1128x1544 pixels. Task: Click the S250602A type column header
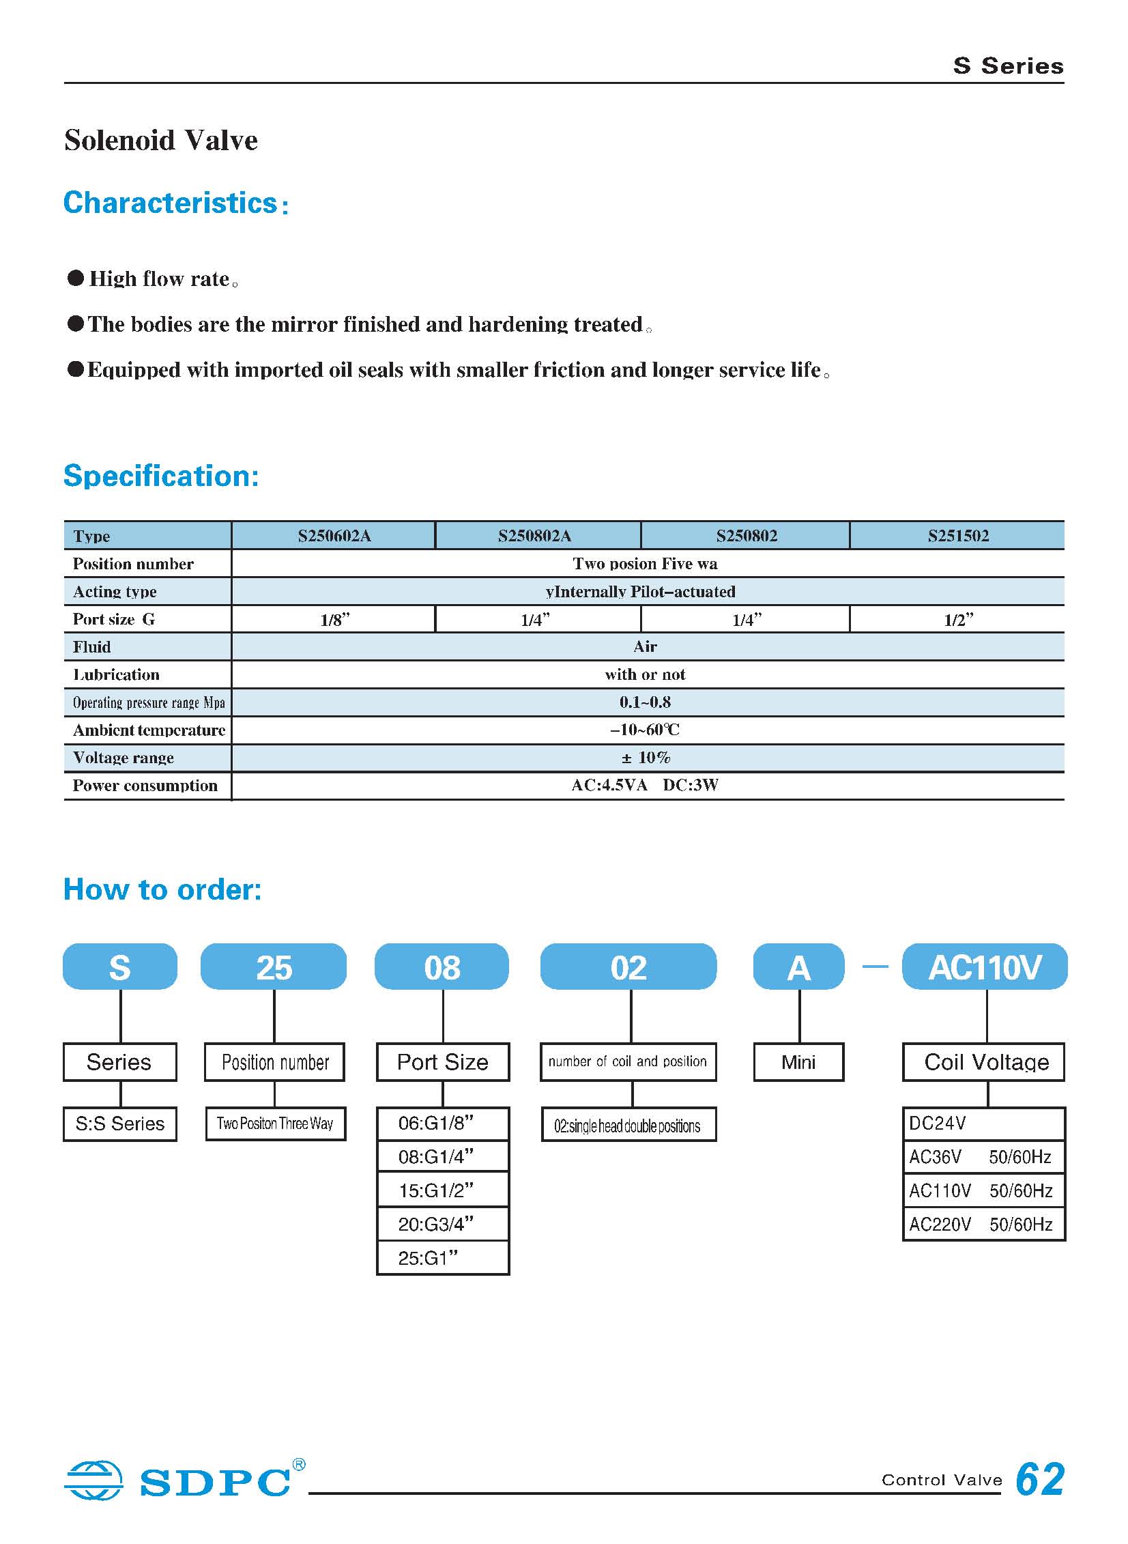334,535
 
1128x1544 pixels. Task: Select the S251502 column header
957,535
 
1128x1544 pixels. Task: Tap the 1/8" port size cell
334,619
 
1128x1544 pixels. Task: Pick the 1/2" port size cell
957,619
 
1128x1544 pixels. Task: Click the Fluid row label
91,646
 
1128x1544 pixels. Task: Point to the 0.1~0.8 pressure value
645,702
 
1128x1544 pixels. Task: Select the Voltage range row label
124,758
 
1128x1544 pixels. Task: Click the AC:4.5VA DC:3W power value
645,786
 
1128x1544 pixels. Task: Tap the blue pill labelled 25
274,967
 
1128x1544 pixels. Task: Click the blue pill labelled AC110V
985,967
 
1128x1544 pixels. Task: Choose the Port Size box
442,1062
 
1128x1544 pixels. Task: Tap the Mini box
798,1062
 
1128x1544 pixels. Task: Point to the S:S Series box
120,1124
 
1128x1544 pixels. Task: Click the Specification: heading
161,476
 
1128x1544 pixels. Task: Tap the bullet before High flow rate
76,278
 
